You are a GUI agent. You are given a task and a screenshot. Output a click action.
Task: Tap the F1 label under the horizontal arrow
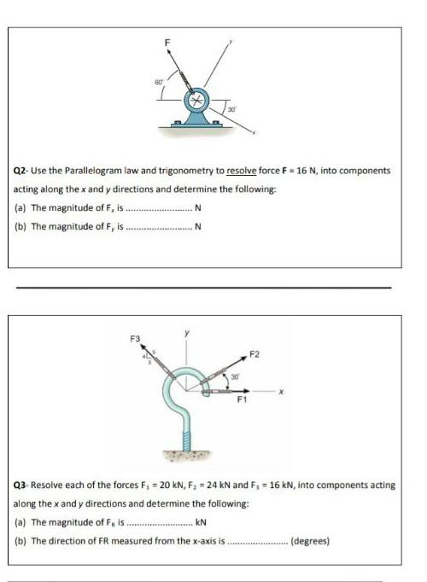pyautogui.click(x=243, y=404)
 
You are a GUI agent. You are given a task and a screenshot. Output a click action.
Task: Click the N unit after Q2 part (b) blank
pyautogui.click(x=198, y=226)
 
